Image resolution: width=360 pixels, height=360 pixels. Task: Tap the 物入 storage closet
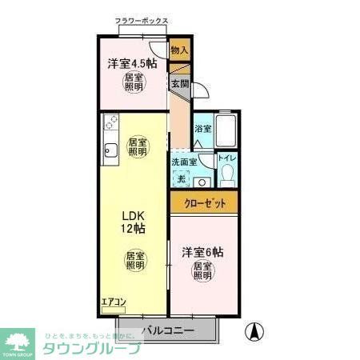click(x=180, y=50)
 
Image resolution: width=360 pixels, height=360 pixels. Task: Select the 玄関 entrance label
click(x=178, y=82)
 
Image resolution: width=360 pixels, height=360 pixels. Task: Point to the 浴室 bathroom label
click(x=203, y=129)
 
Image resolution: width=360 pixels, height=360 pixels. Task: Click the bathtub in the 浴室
click(x=227, y=129)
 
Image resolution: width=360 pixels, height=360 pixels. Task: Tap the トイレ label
click(x=227, y=158)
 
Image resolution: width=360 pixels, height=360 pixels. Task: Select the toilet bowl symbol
click(x=228, y=174)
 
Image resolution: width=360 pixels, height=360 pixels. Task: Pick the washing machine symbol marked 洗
click(x=182, y=179)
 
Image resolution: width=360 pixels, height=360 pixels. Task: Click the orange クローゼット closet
click(x=203, y=203)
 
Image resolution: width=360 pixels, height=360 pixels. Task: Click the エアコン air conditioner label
click(x=113, y=302)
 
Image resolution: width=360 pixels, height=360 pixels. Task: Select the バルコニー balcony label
click(x=168, y=329)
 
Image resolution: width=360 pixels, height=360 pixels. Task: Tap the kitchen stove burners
click(x=110, y=124)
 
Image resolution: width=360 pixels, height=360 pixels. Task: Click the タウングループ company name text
click(x=91, y=349)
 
